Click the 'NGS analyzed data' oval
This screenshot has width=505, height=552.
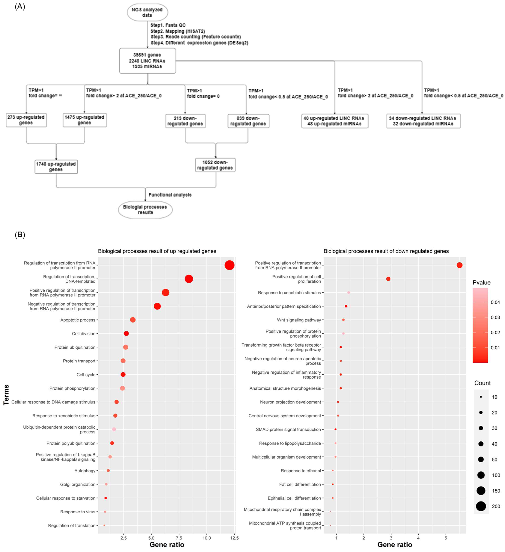tap(147, 12)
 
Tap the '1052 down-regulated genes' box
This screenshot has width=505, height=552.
tap(215, 165)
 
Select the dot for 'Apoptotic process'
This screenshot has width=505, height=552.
tap(133, 320)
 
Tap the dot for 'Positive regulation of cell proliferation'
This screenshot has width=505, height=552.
tap(388, 279)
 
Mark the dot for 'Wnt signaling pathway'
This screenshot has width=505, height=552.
tap(343, 320)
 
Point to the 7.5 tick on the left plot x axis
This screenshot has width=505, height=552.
tap(179, 538)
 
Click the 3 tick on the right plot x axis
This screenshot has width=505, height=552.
tap(391, 538)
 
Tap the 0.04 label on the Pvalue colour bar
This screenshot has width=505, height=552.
tap(495, 302)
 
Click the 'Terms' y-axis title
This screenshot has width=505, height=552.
tap(6, 395)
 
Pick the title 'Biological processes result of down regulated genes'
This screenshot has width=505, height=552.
tap(386, 251)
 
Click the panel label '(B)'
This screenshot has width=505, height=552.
tap(20, 235)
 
